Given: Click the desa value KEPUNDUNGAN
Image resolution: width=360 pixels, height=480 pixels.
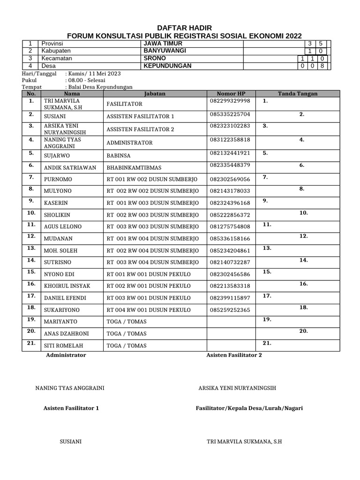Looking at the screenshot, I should (x=167, y=66).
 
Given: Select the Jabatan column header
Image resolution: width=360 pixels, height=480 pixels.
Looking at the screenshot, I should (x=155, y=93).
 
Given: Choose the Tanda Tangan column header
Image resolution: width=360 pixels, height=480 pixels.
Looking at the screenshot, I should (x=298, y=93).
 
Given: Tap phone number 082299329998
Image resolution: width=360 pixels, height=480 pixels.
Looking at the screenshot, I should (x=230, y=101).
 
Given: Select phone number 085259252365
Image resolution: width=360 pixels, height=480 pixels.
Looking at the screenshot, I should (x=230, y=310).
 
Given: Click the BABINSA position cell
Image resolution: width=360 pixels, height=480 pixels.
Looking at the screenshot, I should (x=119, y=155).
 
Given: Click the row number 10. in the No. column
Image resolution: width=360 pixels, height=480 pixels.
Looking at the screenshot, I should (x=31, y=212).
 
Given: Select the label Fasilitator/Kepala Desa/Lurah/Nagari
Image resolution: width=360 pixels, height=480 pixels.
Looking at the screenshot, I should (x=249, y=408).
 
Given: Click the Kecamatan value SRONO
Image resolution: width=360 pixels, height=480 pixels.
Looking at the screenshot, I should (x=154, y=58).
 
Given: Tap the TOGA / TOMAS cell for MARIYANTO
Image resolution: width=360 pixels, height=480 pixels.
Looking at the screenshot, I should (x=127, y=322).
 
